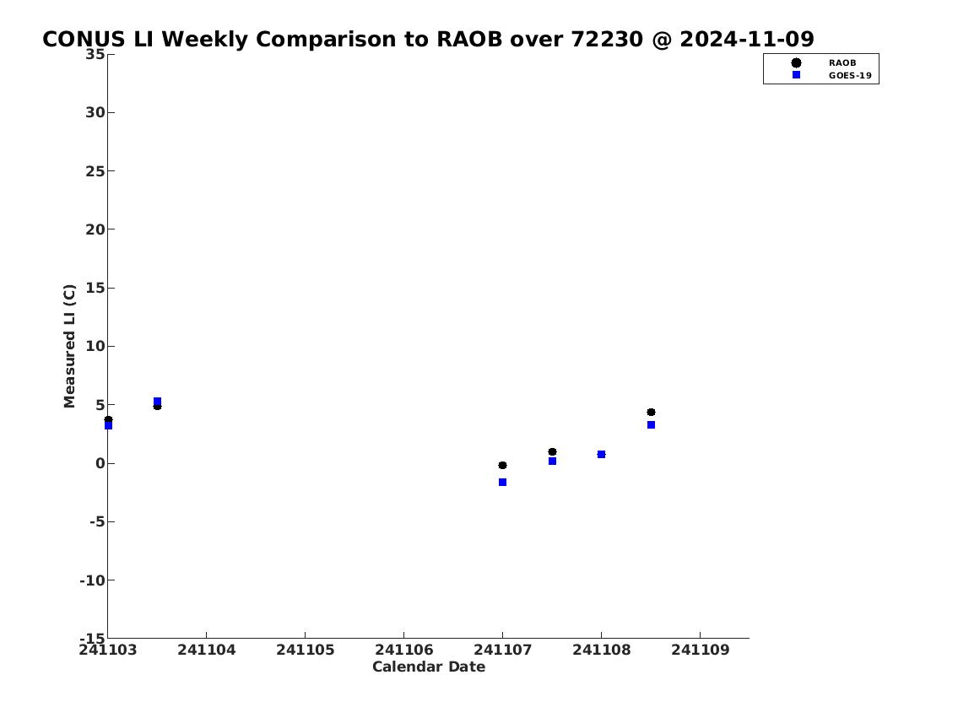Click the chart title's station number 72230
(607, 39)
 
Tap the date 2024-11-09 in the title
(747, 39)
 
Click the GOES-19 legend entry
(831, 76)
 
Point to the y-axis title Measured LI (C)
(70, 346)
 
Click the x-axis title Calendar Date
(428, 667)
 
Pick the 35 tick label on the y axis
(95, 54)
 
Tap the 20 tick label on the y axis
(95, 229)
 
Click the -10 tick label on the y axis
(92, 580)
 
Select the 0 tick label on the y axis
(100, 463)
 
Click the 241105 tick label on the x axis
(305, 650)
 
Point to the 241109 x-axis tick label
(701, 650)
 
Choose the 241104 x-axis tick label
(207, 650)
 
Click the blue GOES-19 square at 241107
(502, 483)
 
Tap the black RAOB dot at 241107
(502, 465)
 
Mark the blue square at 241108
(601, 454)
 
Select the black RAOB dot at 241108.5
(651, 412)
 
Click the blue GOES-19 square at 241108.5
(651, 425)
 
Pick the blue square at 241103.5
(157, 401)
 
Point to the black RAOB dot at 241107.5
(552, 451)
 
